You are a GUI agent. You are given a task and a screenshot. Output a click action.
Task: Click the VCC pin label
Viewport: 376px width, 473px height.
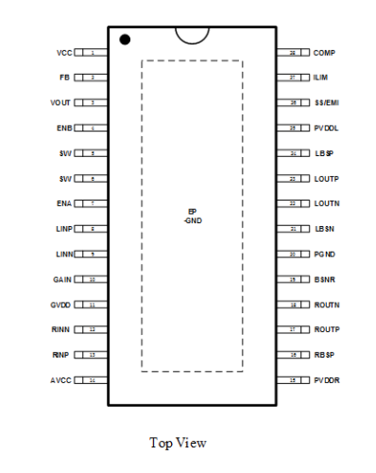pos(63,52)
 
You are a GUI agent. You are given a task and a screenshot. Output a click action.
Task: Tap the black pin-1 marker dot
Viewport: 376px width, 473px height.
pos(125,40)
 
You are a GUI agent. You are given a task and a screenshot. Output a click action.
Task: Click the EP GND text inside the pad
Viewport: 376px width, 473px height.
pos(193,216)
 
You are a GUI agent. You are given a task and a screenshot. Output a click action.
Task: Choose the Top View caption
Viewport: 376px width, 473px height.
pos(178,442)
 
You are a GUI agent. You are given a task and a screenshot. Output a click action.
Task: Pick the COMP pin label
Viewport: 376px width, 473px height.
pos(324,52)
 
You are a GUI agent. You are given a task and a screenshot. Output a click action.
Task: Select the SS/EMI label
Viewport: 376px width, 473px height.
pos(326,102)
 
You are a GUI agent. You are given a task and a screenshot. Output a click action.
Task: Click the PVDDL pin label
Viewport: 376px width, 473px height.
pos(326,128)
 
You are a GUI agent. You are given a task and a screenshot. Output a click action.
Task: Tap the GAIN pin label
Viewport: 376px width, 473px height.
pos(62,280)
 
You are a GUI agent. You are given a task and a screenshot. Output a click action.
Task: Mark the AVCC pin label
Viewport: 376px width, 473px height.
pos(62,381)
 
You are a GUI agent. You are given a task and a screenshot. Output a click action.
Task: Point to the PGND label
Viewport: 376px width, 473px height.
pos(325,254)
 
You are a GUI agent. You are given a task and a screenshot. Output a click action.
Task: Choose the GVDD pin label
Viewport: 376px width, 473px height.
pos(62,305)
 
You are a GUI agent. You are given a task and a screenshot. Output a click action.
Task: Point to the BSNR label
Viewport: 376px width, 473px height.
pos(325,280)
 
